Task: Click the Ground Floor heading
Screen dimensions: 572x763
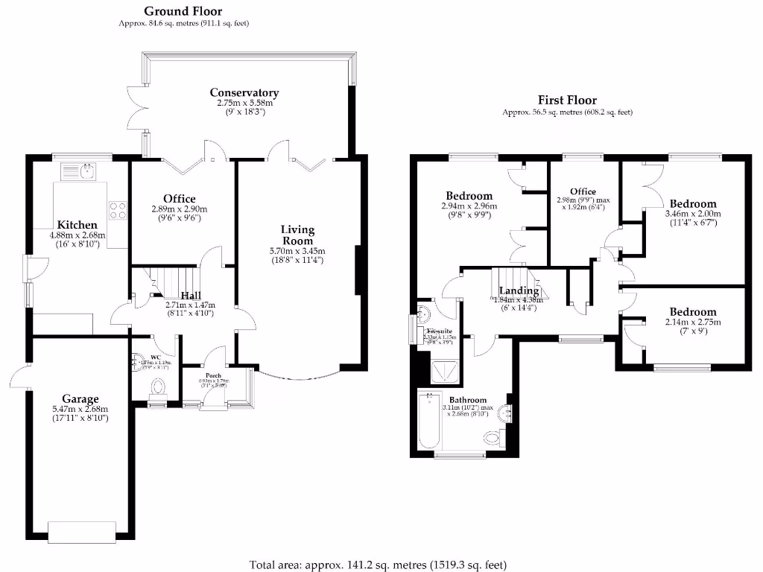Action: point(183,11)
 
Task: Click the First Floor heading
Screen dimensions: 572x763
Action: point(567,100)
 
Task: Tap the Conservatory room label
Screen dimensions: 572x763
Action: point(244,92)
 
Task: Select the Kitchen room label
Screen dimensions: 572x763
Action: point(77,225)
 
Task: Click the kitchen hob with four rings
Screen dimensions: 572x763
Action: point(118,211)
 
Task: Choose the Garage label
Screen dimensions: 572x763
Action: point(80,399)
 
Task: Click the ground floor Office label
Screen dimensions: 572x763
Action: point(180,199)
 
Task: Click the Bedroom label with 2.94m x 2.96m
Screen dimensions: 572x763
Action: point(469,196)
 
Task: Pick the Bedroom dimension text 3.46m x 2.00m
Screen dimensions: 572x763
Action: point(693,213)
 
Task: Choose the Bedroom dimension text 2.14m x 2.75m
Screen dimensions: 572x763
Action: point(692,322)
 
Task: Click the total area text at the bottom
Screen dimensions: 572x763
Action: point(381,564)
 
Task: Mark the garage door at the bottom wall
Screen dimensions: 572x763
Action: point(81,530)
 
